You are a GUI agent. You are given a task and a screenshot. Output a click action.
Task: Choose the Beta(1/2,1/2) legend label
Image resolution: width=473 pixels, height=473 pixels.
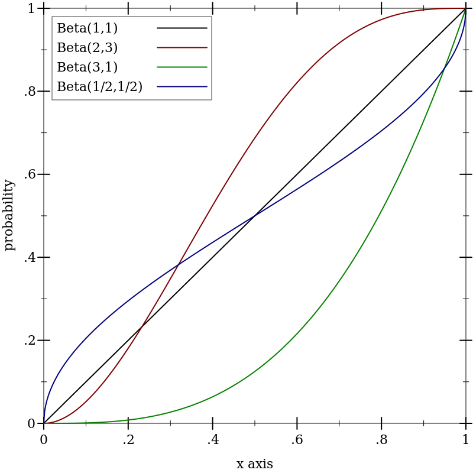coord(99,87)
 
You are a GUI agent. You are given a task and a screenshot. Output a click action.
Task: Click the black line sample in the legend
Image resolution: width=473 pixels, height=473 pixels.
coord(182,28)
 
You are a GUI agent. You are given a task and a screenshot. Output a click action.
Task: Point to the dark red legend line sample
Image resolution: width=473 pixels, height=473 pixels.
coord(182,47)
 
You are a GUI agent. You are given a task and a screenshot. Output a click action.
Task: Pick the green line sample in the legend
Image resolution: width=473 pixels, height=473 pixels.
coord(182,67)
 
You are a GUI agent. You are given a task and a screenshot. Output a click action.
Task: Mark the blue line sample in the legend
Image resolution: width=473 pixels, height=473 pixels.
coord(182,87)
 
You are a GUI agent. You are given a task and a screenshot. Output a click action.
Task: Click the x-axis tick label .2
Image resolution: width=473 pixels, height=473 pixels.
coord(128,440)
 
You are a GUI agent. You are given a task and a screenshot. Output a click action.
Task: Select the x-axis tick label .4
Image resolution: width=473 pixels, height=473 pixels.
coord(212,440)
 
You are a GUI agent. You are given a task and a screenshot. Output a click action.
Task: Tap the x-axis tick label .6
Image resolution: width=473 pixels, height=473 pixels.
coord(297,440)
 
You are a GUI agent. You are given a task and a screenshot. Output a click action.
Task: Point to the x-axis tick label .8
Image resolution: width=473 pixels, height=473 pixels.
coord(381,440)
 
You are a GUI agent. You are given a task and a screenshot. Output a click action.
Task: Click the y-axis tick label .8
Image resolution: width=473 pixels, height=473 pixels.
coord(30,92)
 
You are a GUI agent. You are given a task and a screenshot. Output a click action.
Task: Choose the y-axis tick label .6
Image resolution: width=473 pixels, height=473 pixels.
coord(30,175)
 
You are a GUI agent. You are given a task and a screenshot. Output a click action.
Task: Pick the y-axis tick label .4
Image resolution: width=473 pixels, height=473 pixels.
coord(30,258)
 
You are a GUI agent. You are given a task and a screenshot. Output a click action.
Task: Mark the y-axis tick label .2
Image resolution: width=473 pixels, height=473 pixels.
coord(30,341)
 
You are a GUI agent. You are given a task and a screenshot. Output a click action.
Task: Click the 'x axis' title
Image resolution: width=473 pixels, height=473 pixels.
coord(255,464)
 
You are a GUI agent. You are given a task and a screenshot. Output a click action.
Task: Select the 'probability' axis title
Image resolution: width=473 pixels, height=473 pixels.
coord(9,215)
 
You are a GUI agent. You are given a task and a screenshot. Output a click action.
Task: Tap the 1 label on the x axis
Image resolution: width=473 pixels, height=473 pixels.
coord(466,440)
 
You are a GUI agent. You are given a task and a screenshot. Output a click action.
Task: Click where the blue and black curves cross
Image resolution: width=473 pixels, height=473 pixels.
coord(255,216)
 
